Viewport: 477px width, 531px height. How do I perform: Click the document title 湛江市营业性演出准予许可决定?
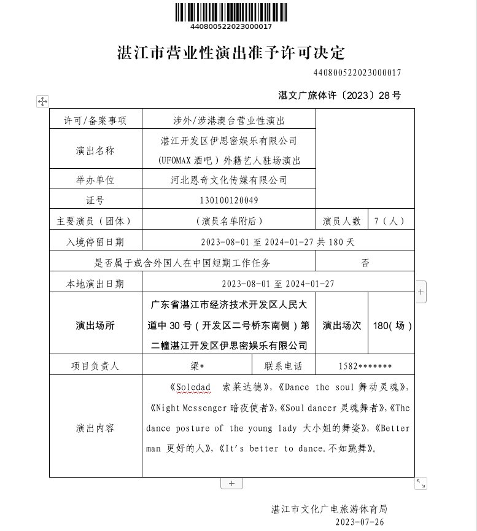tap(231, 53)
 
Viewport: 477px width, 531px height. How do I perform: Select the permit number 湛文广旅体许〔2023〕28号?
tap(339, 95)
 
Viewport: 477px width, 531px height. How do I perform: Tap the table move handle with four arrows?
tap(42, 101)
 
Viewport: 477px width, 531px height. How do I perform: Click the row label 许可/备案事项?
tap(95, 121)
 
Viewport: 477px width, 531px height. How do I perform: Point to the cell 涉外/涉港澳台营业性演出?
tap(228, 121)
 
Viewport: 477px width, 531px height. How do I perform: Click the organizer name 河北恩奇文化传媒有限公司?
tap(228, 180)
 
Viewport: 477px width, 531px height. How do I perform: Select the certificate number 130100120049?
tap(228, 201)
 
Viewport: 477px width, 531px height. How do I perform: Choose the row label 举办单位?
tap(95, 180)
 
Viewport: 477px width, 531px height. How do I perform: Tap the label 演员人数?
tap(341, 221)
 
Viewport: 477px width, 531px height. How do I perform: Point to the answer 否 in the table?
tap(365, 263)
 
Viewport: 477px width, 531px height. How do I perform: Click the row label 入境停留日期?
tap(95, 242)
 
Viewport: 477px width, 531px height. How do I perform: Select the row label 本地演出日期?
tap(95, 284)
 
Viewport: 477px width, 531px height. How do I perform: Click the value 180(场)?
tap(392, 325)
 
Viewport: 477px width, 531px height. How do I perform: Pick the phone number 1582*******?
tap(365, 366)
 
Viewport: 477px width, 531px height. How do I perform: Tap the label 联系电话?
tap(283, 366)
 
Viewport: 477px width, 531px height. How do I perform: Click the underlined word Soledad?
tap(193, 388)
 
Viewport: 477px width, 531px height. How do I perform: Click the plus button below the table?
tap(231, 483)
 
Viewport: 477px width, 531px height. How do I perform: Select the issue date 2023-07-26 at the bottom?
tap(360, 522)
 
